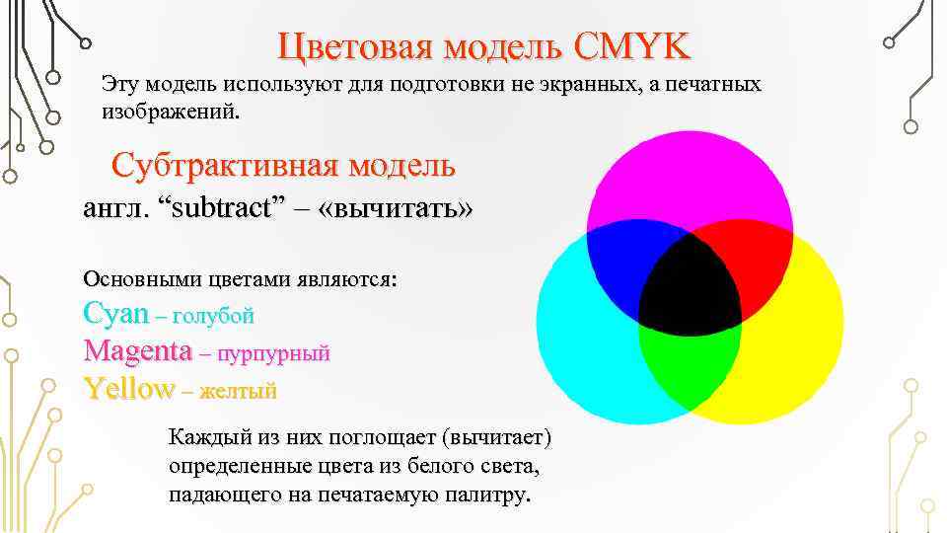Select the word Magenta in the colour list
coord(137,350)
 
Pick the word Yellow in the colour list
coord(128,388)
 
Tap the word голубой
coord(213,316)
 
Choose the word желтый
coord(238,390)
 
